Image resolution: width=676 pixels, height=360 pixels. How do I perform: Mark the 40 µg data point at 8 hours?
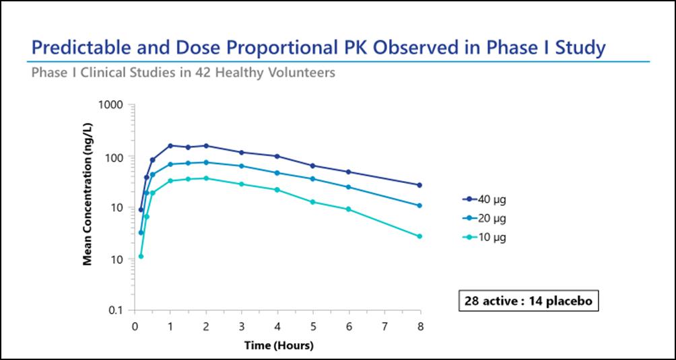pyautogui.click(x=419, y=185)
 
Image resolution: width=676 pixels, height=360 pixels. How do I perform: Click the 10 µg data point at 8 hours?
pyautogui.click(x=419, y=236)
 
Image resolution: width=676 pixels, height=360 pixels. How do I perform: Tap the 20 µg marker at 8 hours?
pyautogui.click(x=419, y=206)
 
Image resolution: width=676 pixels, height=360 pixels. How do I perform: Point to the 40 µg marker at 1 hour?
pyautogui.click(x=170, y=145)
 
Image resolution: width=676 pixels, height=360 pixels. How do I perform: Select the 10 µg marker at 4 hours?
pyautogui.click(x=277, y=190)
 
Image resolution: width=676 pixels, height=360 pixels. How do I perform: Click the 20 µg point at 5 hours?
pyautogui.click(x=312, y=178)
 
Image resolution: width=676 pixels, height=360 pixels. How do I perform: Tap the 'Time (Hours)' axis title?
pyautogui.click(x=278, y=346)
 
